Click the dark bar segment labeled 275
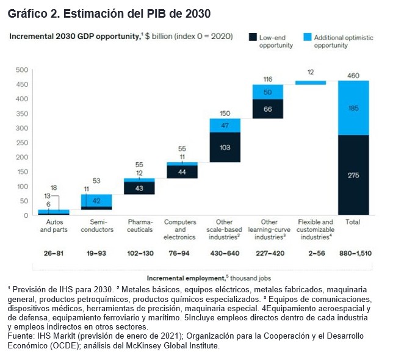pos(353,175)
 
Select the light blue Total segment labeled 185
pos(353,108)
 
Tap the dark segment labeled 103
pos(225,147)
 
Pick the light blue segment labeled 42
pos(96,201)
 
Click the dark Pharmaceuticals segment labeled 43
pos(139,188)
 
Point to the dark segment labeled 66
pos(267,109)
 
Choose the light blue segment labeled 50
pos(267,92)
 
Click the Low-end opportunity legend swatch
pos(252,37)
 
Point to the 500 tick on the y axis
pos(21,70)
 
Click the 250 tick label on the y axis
pos(21,142)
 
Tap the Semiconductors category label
pos(96,226)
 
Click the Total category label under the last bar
pos(353,222)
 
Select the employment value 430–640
pos(224,251)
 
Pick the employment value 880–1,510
pos(354,251)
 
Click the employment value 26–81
pos(53,251)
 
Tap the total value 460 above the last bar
pos(353,74)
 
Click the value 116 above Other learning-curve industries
pos(267,79)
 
